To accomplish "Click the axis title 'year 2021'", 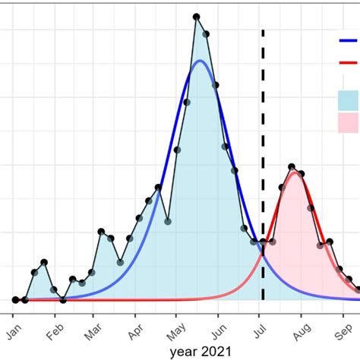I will pos(196,351).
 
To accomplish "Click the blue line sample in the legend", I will pos(349,41).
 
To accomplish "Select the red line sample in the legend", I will pos(349,65).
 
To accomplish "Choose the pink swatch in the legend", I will pos(349,122).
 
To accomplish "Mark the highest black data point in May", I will pos(196,17).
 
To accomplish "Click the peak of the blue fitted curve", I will pos(200,61).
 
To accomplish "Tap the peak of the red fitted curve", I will pos(295,172).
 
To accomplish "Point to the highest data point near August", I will pos(292,166).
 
